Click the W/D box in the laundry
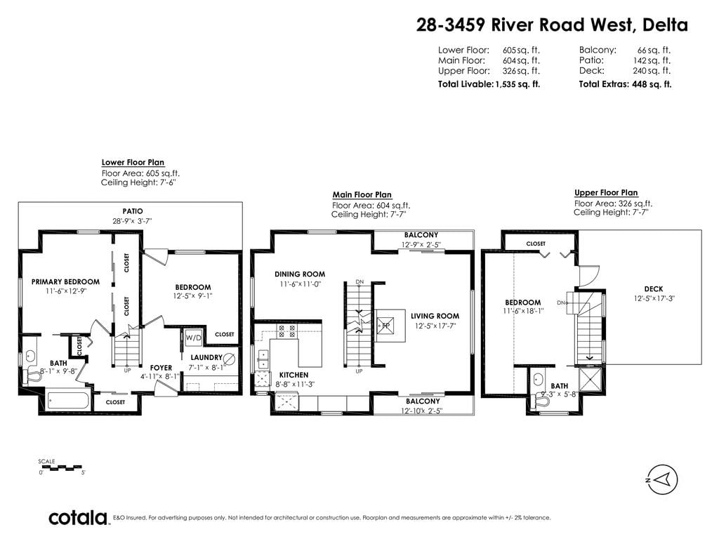(x=194, y=338)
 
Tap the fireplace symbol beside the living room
(x=385, y=326)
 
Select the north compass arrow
(x=661, y=480)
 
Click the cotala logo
(x=78, y=517)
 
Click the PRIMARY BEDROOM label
(x=65, y=282)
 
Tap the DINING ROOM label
(x=300, y=274)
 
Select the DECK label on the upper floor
(x=654, y=288)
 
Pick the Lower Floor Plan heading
(x=133, y=162)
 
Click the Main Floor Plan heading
(x=362, y=194)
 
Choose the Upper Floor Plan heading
(x=606, y=192)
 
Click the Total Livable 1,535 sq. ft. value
(x=517, y=84)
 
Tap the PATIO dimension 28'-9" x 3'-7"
(x=132, y=221)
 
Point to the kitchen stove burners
(x=286, y=331)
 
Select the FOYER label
(x=161, y=368)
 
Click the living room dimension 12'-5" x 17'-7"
(x=435, y=326)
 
